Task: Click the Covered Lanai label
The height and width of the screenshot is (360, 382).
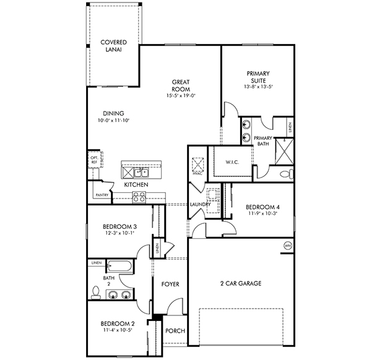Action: pos(113,46)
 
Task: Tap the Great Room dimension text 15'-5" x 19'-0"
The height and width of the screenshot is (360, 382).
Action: pos(181,96)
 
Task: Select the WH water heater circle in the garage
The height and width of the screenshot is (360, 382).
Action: pos(288,246)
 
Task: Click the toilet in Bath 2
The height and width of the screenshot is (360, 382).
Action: pos(95,292)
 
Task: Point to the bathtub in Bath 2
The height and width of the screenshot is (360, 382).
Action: pos(119,266)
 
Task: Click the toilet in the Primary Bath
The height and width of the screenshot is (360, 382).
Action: pos(287,174)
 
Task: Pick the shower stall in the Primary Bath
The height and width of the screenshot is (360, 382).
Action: pos(284,151)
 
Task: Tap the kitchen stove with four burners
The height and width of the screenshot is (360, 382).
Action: pos(139,197)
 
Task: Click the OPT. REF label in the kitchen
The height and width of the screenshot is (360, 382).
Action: pos(94,160)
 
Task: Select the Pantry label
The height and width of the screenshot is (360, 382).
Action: pos(102,195)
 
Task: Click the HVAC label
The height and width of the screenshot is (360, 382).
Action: pos(198,174)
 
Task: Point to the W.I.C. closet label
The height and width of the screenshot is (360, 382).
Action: pos(232,162)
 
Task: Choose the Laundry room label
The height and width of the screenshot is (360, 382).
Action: pos(200,205)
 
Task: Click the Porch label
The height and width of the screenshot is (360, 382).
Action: pos(175,331)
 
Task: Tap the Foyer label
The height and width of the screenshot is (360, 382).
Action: pos(170,284)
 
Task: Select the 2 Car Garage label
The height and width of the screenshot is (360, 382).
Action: pos(241,283)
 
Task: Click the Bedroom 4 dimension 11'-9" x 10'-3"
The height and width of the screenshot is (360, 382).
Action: pos(263,213)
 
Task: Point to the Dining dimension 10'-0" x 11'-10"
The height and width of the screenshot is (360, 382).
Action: pos(113,120)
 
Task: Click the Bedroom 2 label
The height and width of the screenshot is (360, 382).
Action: pos(118,324)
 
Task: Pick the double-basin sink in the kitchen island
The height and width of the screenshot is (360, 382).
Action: pos(141,173)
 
